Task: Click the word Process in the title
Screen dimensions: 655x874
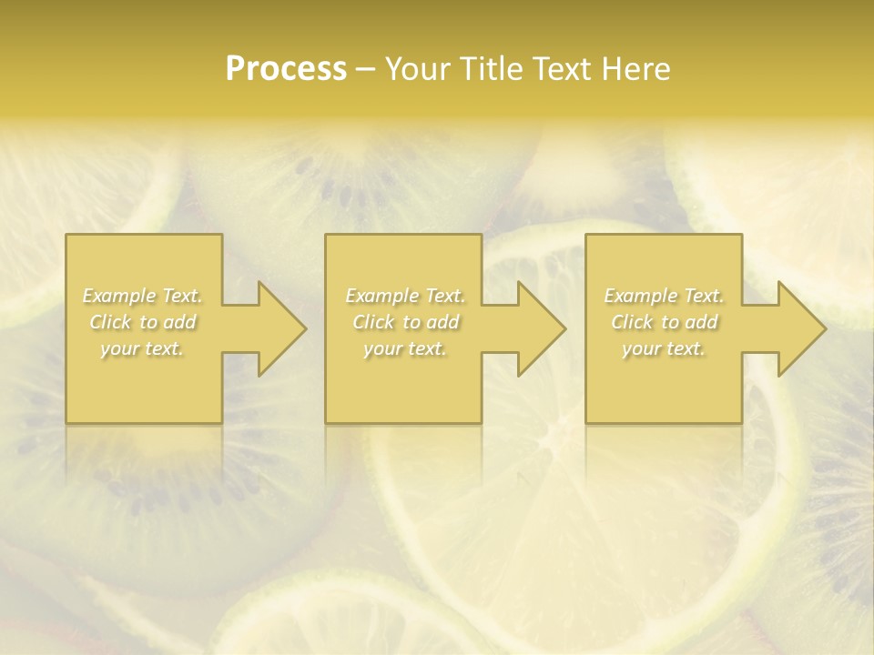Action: [x=286, y=69]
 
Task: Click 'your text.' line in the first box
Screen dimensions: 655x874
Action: [x=142, y=348]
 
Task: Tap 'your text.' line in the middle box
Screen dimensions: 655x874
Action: [x=405, y=348]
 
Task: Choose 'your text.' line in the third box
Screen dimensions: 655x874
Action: [x=664, y=348]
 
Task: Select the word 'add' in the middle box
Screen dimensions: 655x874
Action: [x=442, y=322]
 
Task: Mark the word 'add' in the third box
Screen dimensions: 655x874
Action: [x=701, y=322]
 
